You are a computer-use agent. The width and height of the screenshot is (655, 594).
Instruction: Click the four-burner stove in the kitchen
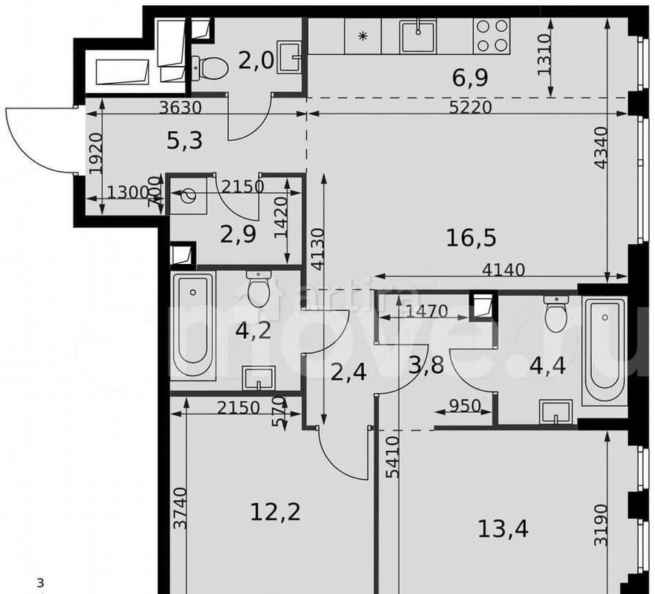(x=492, y=35)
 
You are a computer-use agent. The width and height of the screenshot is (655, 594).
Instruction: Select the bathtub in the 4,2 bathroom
(x=193, y=324)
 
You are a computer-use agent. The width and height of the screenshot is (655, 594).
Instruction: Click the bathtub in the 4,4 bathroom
(x=604, y=351)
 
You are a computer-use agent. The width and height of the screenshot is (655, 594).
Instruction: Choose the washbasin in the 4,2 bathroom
(x=258, y=378)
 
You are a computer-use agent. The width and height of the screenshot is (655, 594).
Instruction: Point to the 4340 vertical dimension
(x=601, y=149)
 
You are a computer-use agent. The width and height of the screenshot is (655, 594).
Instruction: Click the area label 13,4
(x=504, y=527)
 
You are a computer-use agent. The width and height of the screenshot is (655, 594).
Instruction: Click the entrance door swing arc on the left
(x=29, y=139)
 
